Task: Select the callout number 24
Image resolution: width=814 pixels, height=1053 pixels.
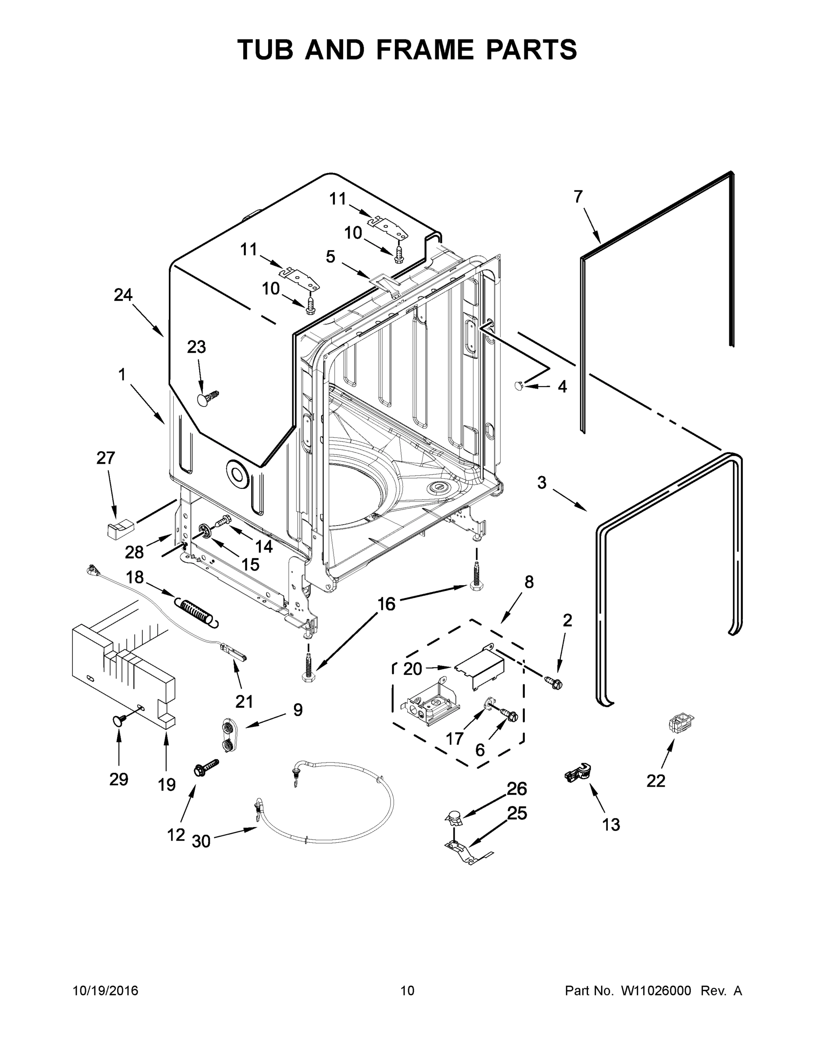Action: [123, 294]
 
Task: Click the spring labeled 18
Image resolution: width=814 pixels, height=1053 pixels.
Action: [196, 611]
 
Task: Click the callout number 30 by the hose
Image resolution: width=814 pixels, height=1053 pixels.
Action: [201, 842]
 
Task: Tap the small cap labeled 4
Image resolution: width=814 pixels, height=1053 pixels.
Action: [520, 385]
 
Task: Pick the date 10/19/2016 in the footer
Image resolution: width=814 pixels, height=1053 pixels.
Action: [105, 991]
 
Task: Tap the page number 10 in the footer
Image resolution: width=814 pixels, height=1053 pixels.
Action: [407, 991]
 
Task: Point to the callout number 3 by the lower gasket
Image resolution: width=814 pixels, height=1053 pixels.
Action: [542, 483]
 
